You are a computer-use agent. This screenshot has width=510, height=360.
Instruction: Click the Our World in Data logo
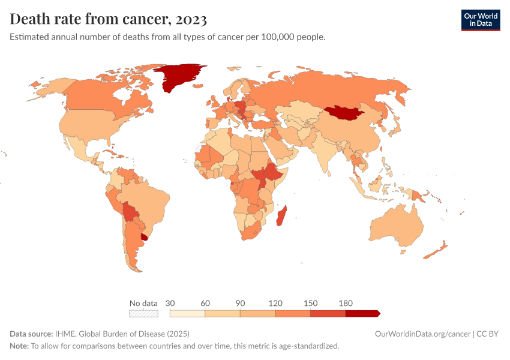[x=480, y=20]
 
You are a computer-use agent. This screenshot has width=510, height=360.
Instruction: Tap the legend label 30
[x=170, y=303]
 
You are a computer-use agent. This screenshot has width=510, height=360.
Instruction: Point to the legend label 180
[x=346, y=303]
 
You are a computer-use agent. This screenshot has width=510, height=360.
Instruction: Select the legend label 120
[x=275, y=303]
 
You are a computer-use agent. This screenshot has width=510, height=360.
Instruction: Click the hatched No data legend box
[x=143, y=313]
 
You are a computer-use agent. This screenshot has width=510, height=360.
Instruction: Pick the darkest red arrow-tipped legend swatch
[x=362, y=313]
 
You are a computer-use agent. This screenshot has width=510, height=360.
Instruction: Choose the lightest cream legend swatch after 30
[x=187, y=313]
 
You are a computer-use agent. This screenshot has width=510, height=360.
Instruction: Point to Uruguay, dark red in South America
[x=144, y=236]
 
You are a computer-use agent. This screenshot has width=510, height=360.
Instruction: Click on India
[x=325, y=153]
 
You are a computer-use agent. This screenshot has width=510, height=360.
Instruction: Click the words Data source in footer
[x=31, y=334]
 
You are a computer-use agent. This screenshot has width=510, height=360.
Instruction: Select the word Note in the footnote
[x=19, y=346]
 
